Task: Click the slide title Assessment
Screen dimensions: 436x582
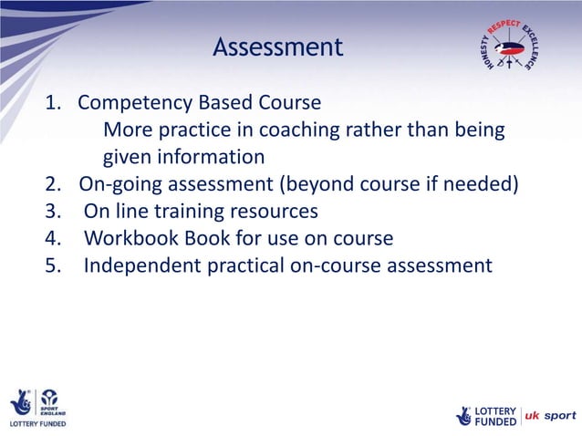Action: click(278, 47)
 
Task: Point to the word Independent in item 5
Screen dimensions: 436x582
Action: click(141, 266)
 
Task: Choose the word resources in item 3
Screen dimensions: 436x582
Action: click(273, 213)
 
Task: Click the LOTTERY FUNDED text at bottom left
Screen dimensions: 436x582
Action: click(37, 424)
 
